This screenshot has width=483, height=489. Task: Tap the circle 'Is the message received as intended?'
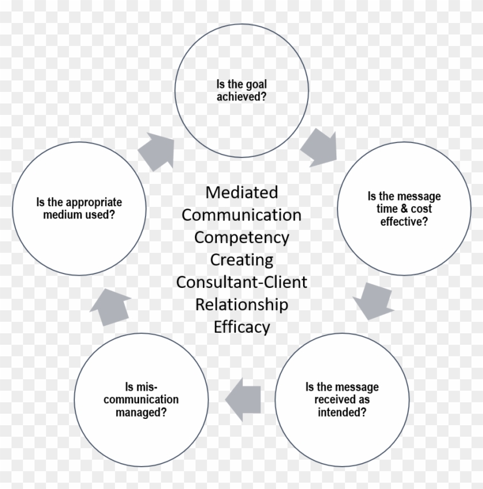pyautogui.click(x=342, y=399)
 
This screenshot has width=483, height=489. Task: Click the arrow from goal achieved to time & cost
pyautogui.click(x=318, y=147)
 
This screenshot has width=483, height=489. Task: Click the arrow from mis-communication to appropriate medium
pyautogui.click(x=110, y=307)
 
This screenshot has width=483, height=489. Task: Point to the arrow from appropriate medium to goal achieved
pyautogui.click(x=157, y=150)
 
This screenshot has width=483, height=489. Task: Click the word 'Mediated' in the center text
pyautogui.click(x=241, y=192)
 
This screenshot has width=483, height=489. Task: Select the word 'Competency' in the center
pyautogui.click(x=241, y=237)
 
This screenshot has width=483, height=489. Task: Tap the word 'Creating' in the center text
pyautogui.click(x=241, y=260)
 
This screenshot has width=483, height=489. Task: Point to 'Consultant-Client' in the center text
pyautogui.click(x=241, y=282)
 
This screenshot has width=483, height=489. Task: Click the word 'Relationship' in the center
pyautogui.click(x=241, y=305)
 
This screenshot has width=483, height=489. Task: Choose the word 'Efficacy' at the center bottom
pyautogui.click(x=241, y=327)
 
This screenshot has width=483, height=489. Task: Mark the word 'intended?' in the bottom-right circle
pyautogui.click(x=342, y=412)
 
